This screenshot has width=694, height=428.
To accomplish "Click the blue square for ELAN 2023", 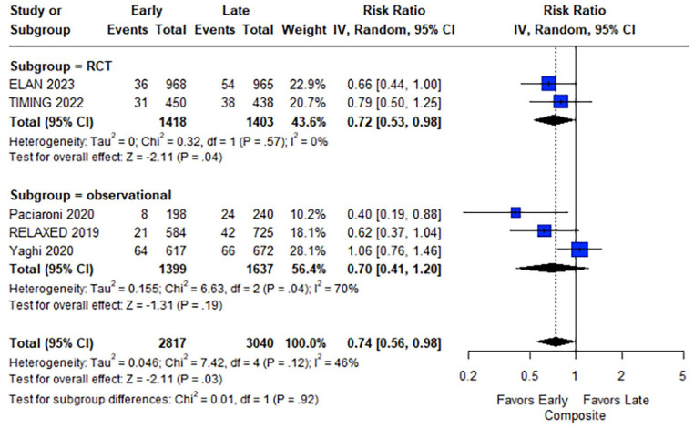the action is (x=549, y=83).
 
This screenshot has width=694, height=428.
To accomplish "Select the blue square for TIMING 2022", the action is (x=561, y=102).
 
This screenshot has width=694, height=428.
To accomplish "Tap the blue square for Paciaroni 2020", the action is (x=515, y=212).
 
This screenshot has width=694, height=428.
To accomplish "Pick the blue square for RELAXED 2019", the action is (x=545, y=230).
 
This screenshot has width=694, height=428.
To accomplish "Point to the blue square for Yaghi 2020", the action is (x=579, y=250).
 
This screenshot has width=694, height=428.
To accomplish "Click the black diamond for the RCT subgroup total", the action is (x=554, y=120).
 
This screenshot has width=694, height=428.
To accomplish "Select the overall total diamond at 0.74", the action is (x=556, y=341).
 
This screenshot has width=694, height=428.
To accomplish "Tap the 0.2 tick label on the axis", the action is (x=468, y=376).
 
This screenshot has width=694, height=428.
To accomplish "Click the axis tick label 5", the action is (x=683, y=376).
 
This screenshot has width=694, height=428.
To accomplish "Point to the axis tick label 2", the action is (x=621, y=376).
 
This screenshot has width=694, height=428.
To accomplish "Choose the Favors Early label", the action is (x=532, y=400).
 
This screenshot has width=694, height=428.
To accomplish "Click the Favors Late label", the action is (x=616, y=400).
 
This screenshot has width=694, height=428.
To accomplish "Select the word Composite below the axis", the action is (x=575, y=415).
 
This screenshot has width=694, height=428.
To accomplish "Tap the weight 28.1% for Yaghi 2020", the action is (x=308, y=251).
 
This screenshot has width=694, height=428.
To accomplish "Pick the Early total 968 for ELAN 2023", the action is (x=175, y=85).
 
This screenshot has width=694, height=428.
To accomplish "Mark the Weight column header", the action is (x=303, y=30).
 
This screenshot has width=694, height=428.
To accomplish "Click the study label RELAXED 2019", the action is (x=54, y=232).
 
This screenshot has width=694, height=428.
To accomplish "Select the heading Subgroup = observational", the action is (x=91, y=195).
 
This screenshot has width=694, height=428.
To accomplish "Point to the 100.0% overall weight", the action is (x=303, y=343).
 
